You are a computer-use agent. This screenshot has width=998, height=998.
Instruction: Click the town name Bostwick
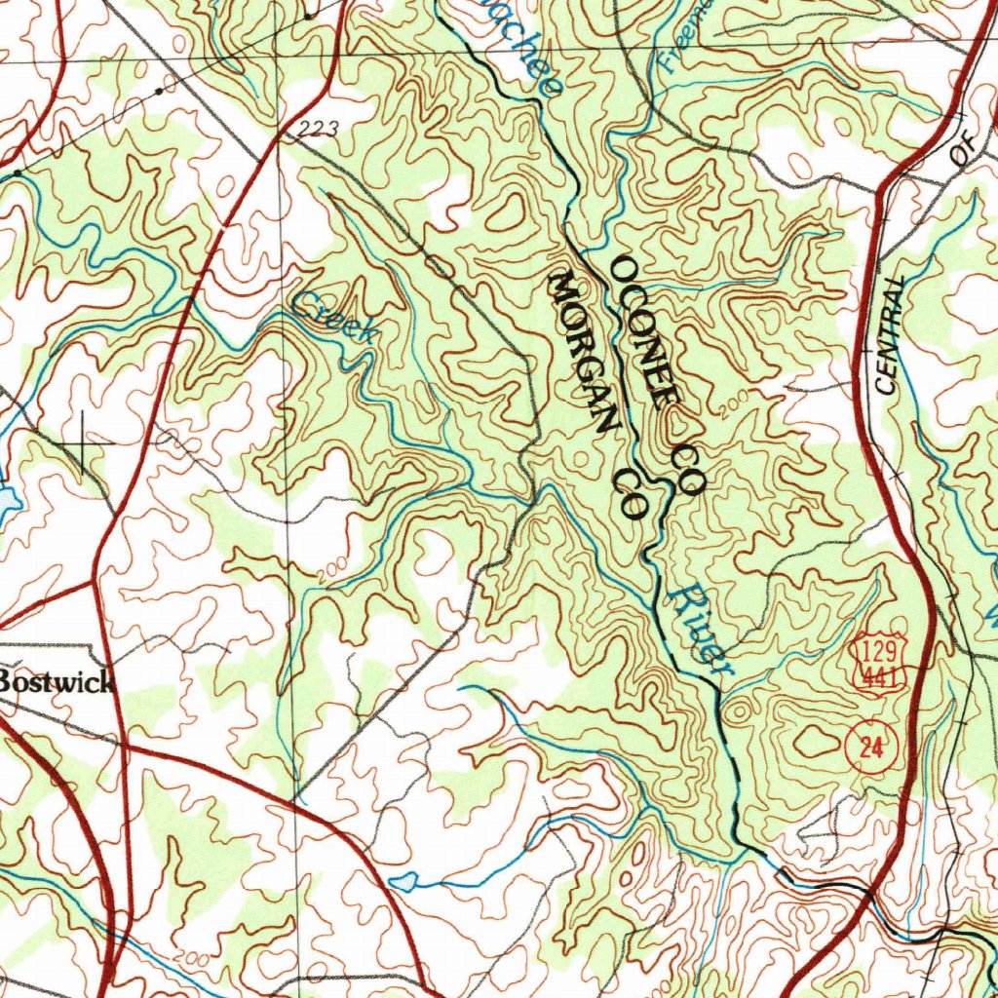coord(57,681)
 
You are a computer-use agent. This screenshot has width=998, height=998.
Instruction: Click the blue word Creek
coord(334,319)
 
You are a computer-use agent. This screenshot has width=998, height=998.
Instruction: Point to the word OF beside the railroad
coord(963,152)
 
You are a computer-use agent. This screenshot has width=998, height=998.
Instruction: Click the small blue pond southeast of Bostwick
coord(404,882)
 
